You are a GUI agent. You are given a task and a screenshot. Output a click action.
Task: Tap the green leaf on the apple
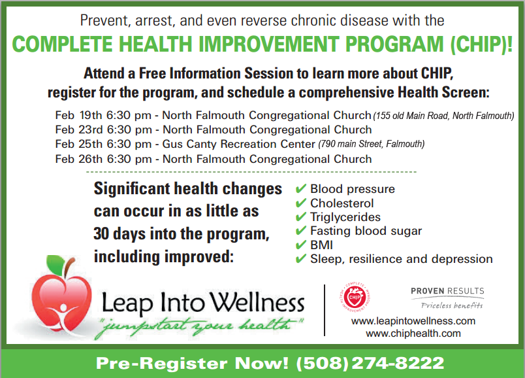click(x=56, y=264)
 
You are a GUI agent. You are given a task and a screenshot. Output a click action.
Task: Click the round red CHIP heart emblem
click(x=355, y=297)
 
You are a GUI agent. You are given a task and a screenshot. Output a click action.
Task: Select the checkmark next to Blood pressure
click(x=300, y=188)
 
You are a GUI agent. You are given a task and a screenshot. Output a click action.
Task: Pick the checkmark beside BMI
click(x=300, y=245)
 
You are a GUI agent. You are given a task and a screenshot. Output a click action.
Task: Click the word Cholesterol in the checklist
click(x=342, y=203)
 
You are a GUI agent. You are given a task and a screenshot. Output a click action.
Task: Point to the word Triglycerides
click(x=345, y=217)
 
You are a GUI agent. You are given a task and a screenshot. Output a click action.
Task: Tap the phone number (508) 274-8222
click(x=370, y=363)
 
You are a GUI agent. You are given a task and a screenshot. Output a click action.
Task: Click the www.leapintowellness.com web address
click(x=413, y=321)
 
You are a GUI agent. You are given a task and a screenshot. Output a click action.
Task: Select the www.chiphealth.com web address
click(x=413, y=334)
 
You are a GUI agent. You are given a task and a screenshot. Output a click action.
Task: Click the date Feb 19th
click(x=78, y=115)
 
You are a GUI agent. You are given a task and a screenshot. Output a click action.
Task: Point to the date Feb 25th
click(x=78, y=144)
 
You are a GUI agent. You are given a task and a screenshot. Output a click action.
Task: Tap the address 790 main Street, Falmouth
click(x=372, y=144)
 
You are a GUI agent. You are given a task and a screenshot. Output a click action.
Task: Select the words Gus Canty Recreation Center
click(x=239, y=145)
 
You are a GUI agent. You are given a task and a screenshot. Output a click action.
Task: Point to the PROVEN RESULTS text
click(x=447, y=291)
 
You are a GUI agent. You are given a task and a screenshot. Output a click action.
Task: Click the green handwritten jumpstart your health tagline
click(x=199, y=326)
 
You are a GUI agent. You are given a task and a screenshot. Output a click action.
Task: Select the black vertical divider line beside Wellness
click(x=325, y=310)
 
